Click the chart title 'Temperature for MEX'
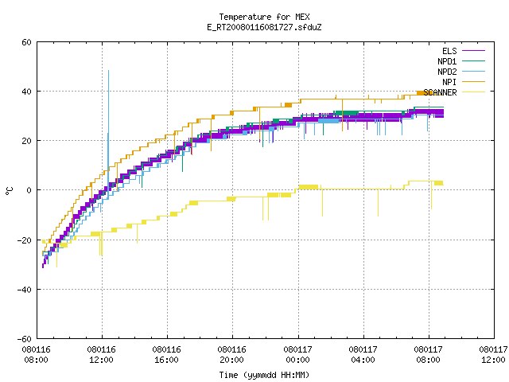264,17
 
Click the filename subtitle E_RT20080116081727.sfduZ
264,27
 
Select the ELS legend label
449,51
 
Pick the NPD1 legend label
447,61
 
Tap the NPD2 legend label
447,72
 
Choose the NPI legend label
449,82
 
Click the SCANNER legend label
440,92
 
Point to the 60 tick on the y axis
26,42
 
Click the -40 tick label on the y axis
25,290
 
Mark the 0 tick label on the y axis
29,190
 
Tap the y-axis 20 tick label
26,141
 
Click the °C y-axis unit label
10,191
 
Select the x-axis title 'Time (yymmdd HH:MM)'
264,375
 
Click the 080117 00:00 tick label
297,355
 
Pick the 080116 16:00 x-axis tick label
166,355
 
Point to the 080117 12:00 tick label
493,355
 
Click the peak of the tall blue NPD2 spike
108,70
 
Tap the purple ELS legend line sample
474,51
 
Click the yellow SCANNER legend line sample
474,92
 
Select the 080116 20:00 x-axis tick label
231,355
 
